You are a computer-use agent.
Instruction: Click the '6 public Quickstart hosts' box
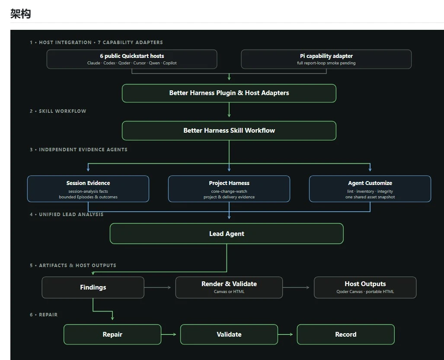(132, 59)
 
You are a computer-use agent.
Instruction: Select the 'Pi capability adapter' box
(326, 59)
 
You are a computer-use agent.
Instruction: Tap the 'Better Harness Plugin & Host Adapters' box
(229, 93)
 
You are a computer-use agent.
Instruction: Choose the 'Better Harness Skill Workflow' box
(229, 131)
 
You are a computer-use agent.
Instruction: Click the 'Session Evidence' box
(88, 189)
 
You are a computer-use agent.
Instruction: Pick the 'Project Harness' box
(229, 189)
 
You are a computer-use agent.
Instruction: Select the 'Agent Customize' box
(370, 189)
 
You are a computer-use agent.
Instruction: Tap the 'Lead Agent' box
(227, 233)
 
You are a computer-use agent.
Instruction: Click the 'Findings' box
(93, 287)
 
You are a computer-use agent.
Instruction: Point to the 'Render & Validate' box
(229, 287)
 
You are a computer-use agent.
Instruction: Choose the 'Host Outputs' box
(365, 287)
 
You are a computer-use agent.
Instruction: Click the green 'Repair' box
(112, 334)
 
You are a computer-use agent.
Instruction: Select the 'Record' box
(346, 334)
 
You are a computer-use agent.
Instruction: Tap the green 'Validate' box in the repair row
(229, 334)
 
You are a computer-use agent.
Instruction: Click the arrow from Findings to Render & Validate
(157, 287)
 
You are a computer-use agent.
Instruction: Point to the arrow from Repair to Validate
(169, 334)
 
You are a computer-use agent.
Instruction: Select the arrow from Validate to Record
(285, 334)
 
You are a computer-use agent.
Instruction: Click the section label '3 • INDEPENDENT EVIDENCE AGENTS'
(79, 150)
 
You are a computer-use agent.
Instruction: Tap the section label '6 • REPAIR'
(44, 315)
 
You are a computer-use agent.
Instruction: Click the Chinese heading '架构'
(21, 13)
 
